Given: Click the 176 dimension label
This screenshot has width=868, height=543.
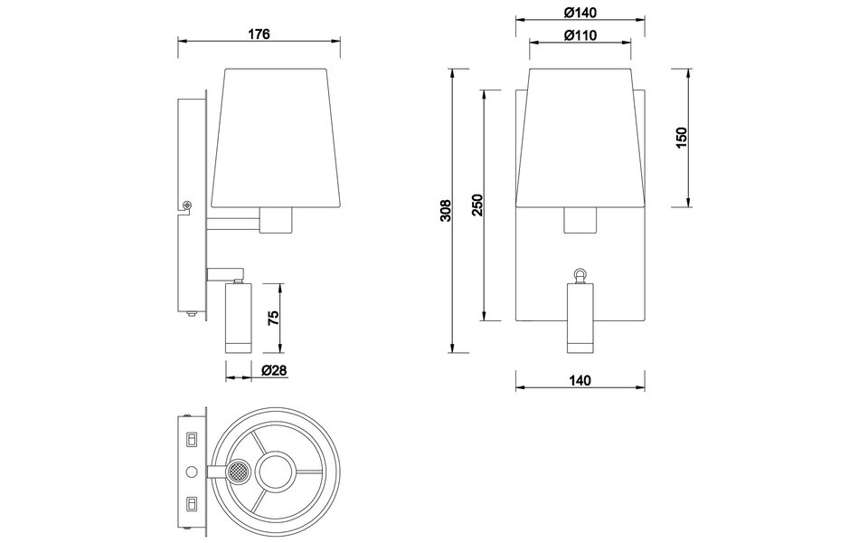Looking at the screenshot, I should (x=259, y=34).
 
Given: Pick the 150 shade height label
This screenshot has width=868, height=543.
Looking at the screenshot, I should (x=683, y=137).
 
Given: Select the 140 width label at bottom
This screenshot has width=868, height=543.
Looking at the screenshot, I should (x=580, y=381).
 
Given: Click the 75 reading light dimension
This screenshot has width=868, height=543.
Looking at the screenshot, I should (x=274, y=318).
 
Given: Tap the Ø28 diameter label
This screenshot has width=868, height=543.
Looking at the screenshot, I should (x=274, y=371).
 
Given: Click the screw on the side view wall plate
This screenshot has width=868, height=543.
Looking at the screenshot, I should (x=187, y=206).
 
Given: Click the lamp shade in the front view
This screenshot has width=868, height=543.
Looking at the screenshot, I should (x=580, y=136).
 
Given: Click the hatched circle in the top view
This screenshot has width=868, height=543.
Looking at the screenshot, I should (x=238, y=472).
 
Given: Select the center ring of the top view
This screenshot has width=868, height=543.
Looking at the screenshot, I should (x=275, y=472).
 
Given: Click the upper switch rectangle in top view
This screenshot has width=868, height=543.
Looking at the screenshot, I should (x=191, y=441).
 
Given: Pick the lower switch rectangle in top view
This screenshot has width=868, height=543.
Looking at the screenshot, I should (x=191, y=502).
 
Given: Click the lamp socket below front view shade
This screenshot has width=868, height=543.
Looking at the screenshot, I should (x=580, y=220).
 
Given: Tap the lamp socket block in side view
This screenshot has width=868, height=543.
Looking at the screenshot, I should (x=277, y=219).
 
